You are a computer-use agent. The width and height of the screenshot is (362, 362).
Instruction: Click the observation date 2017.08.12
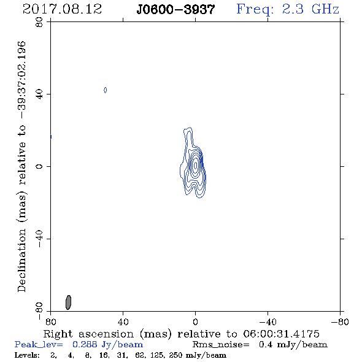(62, 9)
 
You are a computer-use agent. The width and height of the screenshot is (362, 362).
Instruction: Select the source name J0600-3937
(175, 9)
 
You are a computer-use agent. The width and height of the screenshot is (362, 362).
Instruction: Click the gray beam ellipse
(68, 302)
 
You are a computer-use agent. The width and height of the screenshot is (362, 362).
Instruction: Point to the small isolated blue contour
(106, 90)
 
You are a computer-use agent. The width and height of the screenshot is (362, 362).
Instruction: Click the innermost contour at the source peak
(196, 165)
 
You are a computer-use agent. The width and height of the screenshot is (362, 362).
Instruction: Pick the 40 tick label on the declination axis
(39, 94)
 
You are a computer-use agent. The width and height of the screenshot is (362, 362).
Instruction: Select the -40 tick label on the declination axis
(39, 239)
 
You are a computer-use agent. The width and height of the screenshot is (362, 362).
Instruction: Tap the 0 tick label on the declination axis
(39, 166)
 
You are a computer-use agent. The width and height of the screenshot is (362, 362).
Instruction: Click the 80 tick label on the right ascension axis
(50, 322)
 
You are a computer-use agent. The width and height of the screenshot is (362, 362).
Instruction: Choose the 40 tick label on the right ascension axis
(123, 322)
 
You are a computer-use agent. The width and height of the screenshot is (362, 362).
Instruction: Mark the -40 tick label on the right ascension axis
(268, 322)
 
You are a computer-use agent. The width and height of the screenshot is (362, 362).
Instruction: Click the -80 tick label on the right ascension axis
(340, 322)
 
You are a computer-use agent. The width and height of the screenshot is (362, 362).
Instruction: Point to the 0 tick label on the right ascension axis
(196, 322)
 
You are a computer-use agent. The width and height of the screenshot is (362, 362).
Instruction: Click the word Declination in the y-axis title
(21, 260)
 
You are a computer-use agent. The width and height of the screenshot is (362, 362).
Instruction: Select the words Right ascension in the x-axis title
(88, 334)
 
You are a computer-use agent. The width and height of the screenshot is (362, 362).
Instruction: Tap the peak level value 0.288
(85, 344)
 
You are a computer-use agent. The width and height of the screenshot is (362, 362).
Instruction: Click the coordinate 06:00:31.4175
(281, 334)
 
